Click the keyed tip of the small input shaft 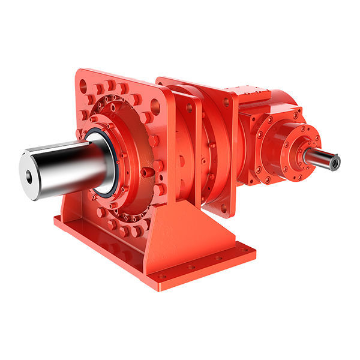point(333,161)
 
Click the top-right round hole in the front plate point(155,108)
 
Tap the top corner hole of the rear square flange point(227,103)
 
